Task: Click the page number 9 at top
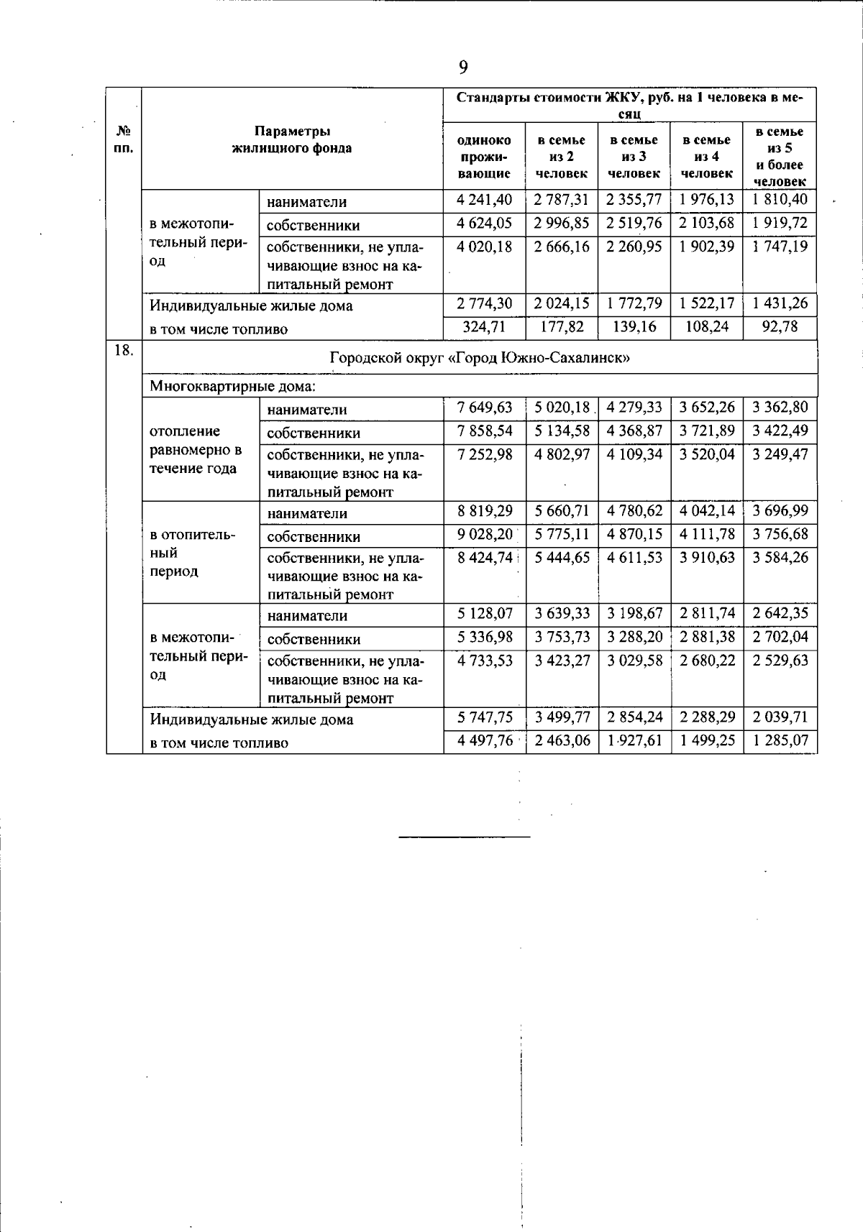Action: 462,68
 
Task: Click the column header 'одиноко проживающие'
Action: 484,157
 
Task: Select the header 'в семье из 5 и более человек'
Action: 780,157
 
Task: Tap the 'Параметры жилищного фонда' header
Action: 292,140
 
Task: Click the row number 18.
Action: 124,351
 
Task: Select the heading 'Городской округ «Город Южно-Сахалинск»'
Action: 480,357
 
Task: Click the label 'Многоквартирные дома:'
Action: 232,386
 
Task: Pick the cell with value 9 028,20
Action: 485,534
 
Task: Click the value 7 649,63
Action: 485,408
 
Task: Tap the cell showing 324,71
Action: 485,327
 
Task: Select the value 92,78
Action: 780,327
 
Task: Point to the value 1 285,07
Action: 780,740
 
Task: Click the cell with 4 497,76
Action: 485,740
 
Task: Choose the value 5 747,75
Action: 485,717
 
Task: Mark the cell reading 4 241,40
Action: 485,200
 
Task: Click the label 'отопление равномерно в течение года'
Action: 196,450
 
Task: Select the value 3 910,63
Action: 707,557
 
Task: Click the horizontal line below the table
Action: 464,837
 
